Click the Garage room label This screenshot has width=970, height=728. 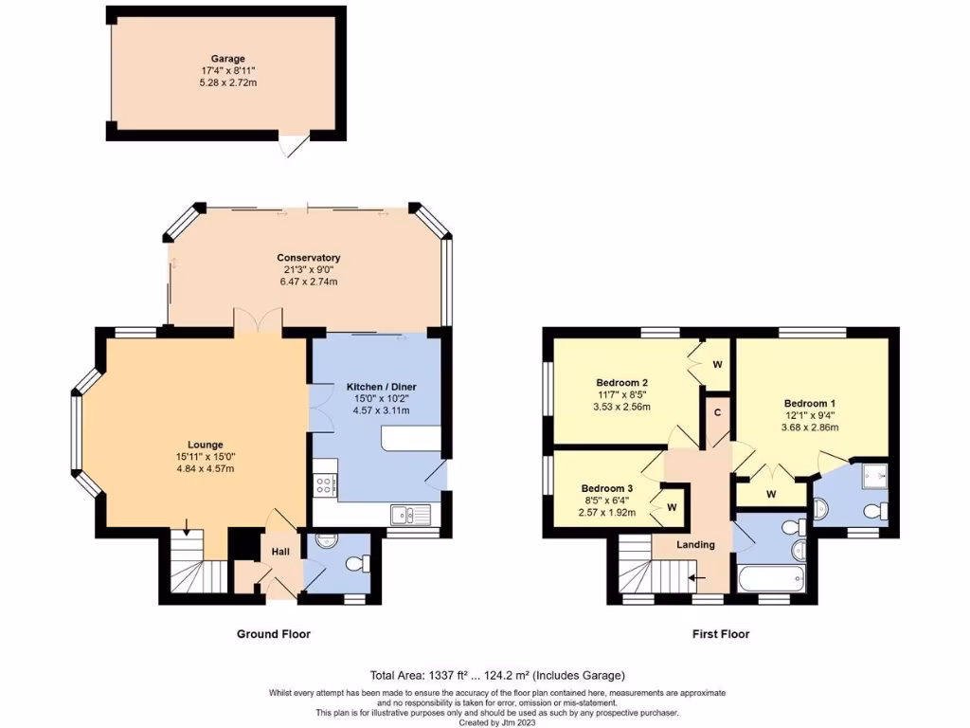coord(228,58)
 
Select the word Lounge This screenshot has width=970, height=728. coord(205,445)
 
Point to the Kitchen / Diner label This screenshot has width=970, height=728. coord(382,387)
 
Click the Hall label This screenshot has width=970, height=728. coord(281,552)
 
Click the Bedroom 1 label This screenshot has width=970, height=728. coord(809,402)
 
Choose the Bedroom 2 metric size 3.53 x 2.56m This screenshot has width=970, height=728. coord(622,407)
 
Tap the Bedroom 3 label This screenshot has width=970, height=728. coord(607,489)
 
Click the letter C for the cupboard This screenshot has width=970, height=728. coord(717,412)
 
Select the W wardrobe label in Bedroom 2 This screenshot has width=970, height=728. coord(717,363)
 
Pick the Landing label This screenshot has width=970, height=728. coord(695,544)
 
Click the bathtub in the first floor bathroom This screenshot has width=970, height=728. coord(771,576)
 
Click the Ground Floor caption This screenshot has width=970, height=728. coord(273,634)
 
